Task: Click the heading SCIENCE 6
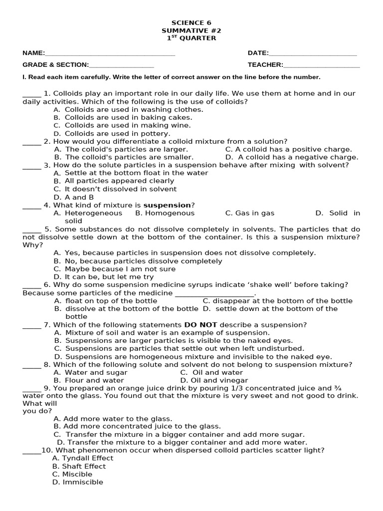tap(191, 22)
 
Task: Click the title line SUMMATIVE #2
tap(191, 30)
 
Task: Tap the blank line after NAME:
tap(110, 54)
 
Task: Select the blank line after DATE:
tap(313, 54)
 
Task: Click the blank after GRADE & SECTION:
tap(121, 65)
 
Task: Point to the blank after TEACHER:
tap(321, 65)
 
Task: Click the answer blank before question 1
tap(32, 94)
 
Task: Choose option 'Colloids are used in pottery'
tap(117, 133)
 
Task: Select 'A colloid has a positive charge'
tap(288, 149)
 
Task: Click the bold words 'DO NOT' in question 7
tap(201, 325)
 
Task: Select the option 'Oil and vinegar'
tap(213, 380)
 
